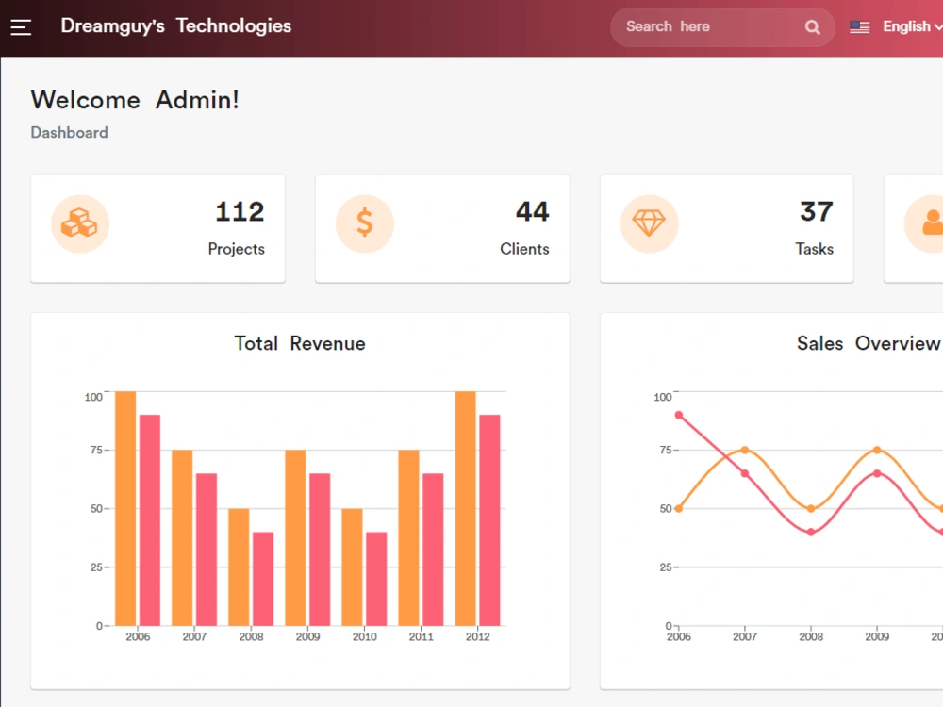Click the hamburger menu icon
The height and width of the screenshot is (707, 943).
[x=21, y=27]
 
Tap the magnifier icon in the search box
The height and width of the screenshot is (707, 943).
[x=813, y=27]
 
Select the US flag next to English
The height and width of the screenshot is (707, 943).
[x=859, y=27]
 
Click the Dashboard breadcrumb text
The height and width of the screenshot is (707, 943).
[x=69, y=132]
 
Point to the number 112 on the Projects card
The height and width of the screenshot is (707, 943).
[x=240, y=211]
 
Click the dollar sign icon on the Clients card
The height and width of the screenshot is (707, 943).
[x=364, y=223]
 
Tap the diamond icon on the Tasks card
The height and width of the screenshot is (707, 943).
[x=649, y=223]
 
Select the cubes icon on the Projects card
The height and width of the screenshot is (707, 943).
[x=79, y=223]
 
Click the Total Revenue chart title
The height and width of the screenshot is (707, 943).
[x=300, y=343]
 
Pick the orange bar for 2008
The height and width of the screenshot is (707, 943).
[x=239, y=567]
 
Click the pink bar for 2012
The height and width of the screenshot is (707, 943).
[x=489, y=520]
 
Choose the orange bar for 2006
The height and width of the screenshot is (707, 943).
[x=125, y=509]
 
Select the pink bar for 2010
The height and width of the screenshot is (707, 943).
[x=376, y=579]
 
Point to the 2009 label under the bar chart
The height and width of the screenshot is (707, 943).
[x=308, y=636]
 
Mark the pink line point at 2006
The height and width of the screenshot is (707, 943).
[x=679, y=415]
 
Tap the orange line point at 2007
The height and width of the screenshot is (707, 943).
[x=745, y=450]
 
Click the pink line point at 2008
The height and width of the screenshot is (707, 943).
[x=811, y=532]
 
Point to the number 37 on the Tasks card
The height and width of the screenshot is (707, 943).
[x=816, y=211]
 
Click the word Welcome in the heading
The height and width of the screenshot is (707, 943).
[x=86, y=100]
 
